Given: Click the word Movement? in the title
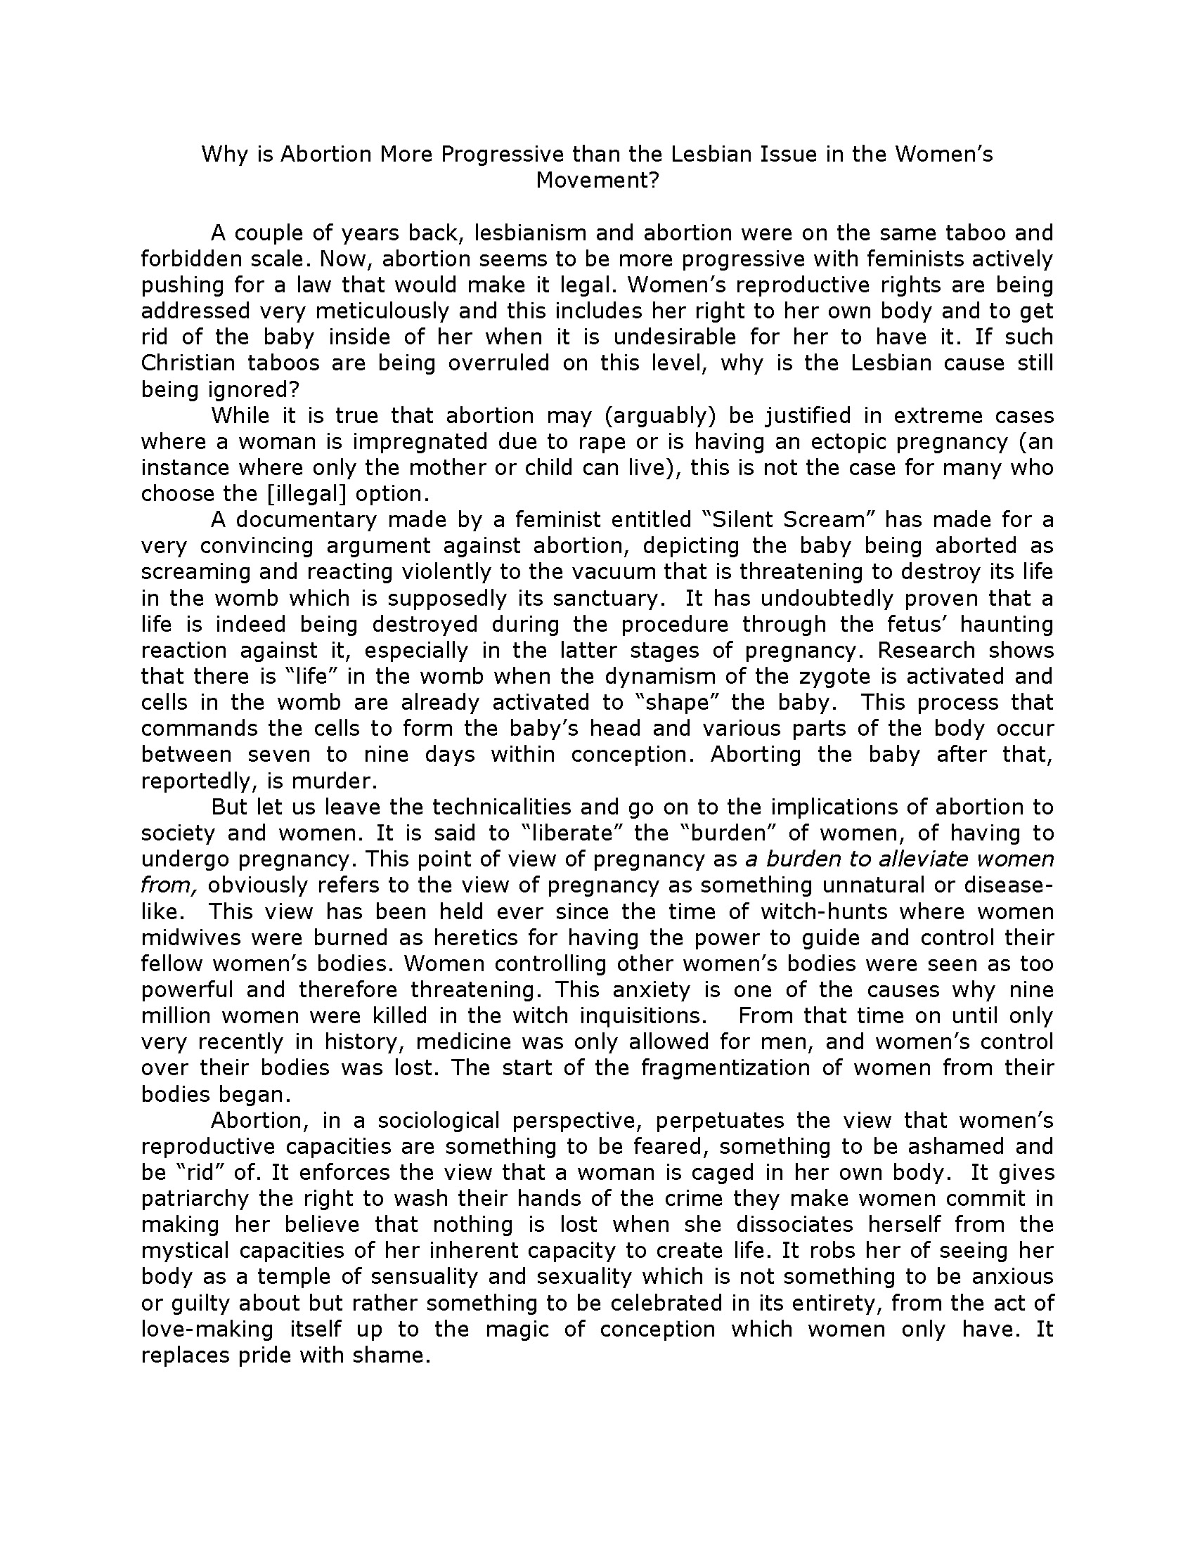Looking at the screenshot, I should [597, 181].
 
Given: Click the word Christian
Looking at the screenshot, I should [188, 363].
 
